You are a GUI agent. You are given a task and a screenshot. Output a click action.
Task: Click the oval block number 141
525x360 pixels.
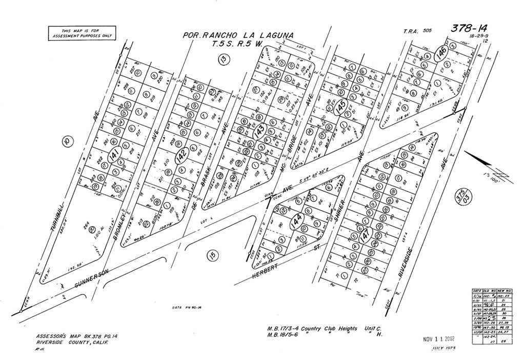(115, 155)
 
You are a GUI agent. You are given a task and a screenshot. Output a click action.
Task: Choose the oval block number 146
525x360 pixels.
(439, 53)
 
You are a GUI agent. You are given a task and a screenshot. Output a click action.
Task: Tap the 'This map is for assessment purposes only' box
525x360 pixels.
(82, 33)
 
